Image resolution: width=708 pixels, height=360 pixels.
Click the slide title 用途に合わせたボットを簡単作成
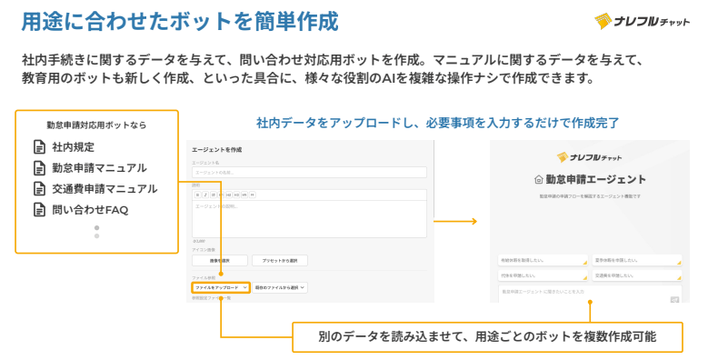[180, 20]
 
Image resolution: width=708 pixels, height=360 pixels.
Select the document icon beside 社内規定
[39, 146]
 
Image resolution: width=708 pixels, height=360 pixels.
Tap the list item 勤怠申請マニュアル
[99, 167]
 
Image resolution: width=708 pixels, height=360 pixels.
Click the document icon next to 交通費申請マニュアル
[39, 189]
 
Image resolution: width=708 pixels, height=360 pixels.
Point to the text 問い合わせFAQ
[90, 210]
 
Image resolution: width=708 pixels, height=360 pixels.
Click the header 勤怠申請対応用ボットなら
[96, 125]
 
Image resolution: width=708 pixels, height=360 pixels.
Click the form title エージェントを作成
[216, 148]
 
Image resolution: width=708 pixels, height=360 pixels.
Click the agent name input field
[309, 172]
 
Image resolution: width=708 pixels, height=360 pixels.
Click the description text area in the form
[309, 219]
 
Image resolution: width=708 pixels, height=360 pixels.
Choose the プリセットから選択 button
[286, 260]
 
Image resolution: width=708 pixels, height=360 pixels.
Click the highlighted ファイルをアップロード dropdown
[220, 287]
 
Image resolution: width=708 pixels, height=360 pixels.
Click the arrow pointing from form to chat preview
[455, 221]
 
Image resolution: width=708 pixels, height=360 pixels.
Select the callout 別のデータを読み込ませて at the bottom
[487, 336]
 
